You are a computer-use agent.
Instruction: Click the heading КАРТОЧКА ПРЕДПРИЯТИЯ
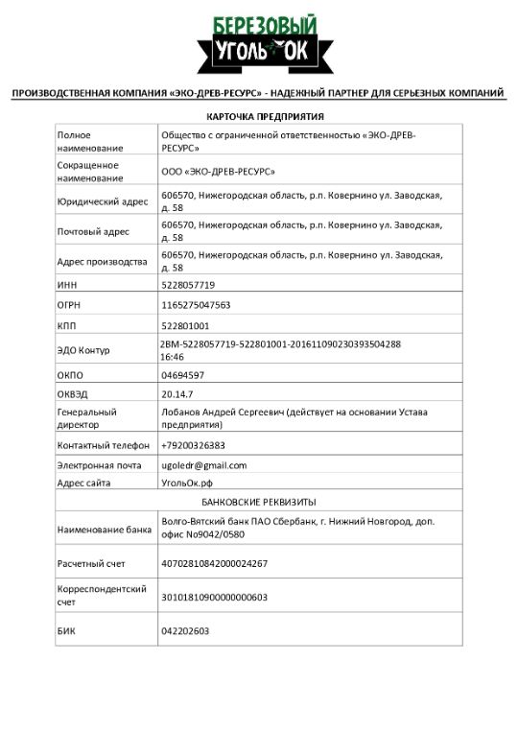(259, 116)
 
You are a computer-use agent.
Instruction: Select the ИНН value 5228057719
(188, 285)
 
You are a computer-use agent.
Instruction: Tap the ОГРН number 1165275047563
(196, 305)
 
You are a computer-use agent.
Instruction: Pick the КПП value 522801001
(186, 326)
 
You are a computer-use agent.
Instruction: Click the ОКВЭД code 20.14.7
(177, 393)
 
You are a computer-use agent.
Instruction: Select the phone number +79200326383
(193, 445)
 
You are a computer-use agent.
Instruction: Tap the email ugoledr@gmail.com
(203, 465)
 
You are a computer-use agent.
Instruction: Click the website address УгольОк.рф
(187, 483)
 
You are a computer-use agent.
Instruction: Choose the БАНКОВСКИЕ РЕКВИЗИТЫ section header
(259, 502)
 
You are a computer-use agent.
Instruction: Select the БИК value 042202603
(186, 630)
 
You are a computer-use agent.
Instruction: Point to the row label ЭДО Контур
(83, 350)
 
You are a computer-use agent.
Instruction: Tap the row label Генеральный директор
(86, 418)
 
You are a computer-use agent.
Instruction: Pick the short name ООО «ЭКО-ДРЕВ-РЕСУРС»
(219, 172)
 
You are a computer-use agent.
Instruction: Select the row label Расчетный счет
(90, 563)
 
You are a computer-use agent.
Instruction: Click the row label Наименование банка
(104, 529)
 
